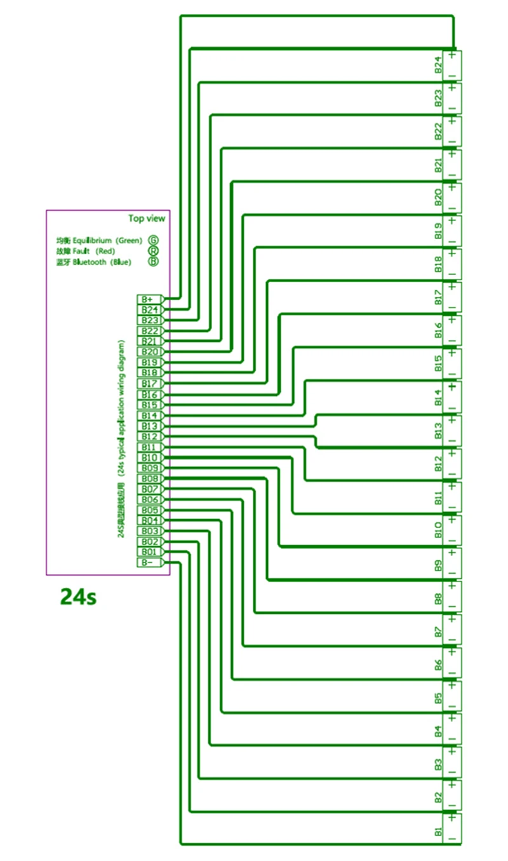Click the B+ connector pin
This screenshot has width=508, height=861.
pyautogui.click(x=149, y=299)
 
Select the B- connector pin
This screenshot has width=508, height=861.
pyautogui.click(x=149, y=562)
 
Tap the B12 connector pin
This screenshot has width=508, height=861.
pyautogui.click(x=149, y=437)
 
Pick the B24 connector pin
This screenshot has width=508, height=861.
pyautogui.click(x=149, y=310)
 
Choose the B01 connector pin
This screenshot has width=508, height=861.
pyautogui.click(x=149, y=552)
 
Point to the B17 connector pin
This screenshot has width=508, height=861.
pyautogui.click(x=149, y=384)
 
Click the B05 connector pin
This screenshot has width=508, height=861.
pyautogui.click(x=149, y=510)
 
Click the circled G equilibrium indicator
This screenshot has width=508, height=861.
pyautogui.click(x=153, y=240)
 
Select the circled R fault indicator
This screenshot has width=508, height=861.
pyautogui.click(x=153, y=251)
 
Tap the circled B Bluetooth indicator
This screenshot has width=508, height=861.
pyautogui.click(x=153, y=261)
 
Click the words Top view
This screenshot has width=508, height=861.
pyautogui.click(x=147, y=219)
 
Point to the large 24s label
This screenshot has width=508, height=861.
pyautogui.click(x=78, y=597)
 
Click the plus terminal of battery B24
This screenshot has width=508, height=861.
pyautogui.click(x=452, y=55)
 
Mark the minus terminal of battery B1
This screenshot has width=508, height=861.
pyautogui.click(x=452, y=839)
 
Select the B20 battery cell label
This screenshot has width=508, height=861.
pyautogui.click(x=438, y=198)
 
